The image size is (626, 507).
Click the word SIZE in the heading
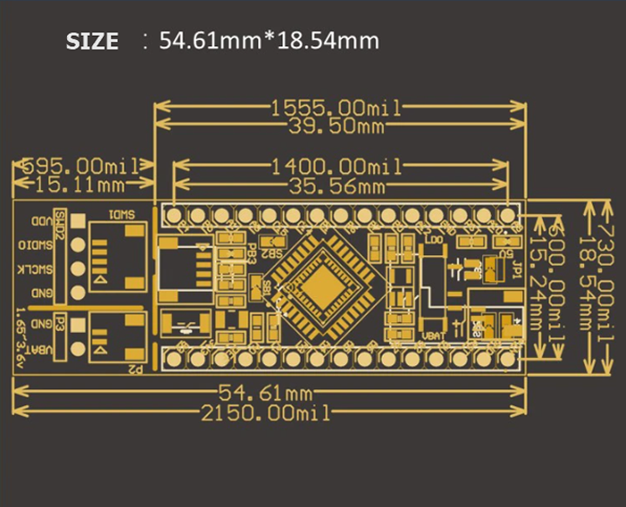pyautogui.click(x=92, y=42)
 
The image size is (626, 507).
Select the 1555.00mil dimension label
pyautogui.click(x=335, y=107)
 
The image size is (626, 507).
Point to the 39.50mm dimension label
pyautogui.click(x=335, y=125)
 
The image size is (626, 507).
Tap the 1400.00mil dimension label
pyautogui.click(x=335, y=166)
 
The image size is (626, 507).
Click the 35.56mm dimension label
pyautogui.click(x=335, y=185)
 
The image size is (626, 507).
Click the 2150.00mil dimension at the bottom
pyautogui.click(x=265, y=412)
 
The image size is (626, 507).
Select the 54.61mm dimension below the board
pyautogui.click(x=265, y=392)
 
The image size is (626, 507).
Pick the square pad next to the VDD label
pyautogui.click(x=78, y=222)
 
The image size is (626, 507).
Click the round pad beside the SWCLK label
pyautogui.click(x=78, y=269)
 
